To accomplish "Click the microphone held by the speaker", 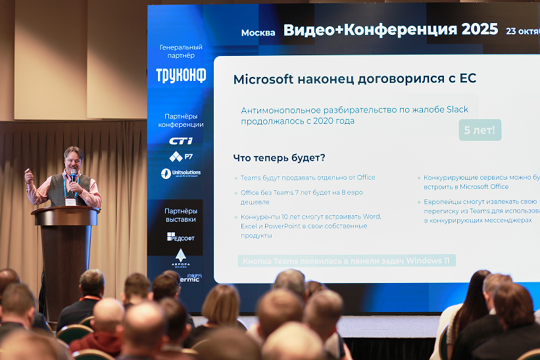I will pos(72,176).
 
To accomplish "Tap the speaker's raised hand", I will pos(28,176).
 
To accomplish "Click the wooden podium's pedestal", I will pos(66,263).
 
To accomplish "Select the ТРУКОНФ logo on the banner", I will pos(181,75).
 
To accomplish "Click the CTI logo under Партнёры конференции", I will pos(181,141).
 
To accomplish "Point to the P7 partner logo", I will pos(181,157).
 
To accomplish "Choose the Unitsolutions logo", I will pos(181,174).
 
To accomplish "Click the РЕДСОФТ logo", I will pos(181,237).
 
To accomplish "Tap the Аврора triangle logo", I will pos(181,255).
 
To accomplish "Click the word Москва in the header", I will pos(258,33).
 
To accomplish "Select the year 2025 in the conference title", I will pos(479,30).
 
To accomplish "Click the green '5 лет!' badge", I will pos(479,130).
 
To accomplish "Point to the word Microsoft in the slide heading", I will pos(263,79).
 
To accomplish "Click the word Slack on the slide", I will pos(458,109).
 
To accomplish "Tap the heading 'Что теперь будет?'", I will pos(279,158).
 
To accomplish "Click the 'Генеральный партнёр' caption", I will pos(181,51).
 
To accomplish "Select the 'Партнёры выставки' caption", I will pos(181,215).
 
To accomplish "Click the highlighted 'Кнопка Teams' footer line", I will pos(347,261).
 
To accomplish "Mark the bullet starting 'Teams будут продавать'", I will pos(307,178).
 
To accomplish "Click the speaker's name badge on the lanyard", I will pos(70,202).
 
